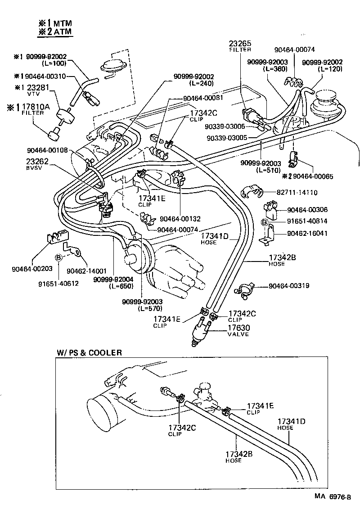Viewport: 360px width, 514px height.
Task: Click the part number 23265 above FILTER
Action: [240, 43]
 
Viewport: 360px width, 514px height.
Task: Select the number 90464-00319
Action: [290, 286]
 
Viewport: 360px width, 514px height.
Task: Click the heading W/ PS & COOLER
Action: [89, 352]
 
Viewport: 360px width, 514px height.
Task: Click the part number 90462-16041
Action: [307, 233]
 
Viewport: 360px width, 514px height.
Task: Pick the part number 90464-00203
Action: [32, 269]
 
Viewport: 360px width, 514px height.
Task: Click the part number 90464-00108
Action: [47, 151]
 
